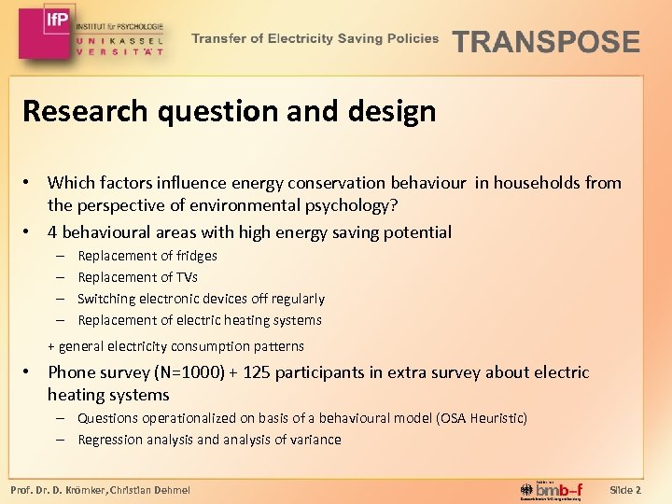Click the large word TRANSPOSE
tap(546, 42)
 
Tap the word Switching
tap(106, 299)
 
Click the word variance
tap(314, 440)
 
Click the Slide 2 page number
tap(624, 490)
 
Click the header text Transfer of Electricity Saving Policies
tap(315, 38)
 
